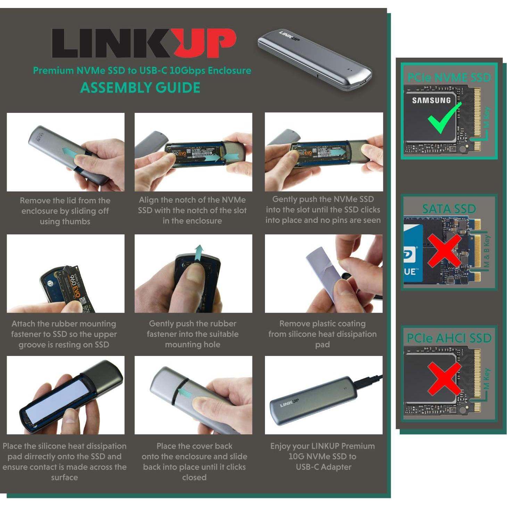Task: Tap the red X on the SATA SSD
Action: [x=444, y=250]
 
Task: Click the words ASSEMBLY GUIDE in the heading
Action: [x=140, y=88]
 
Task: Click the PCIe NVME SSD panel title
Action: [x=449, y=77]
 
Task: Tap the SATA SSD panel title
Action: [x=449, y=209]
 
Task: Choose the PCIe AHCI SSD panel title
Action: [x=449, y=338]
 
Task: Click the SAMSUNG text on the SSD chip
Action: [x=431, y=100]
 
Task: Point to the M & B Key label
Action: [x=487, y=251]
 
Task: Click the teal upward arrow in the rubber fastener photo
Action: [x=198, y=253]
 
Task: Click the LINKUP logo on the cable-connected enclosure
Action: [x=289, y=403]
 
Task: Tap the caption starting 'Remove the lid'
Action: [x=65, y=211]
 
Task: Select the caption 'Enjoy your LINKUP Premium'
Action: [x=323, y=456]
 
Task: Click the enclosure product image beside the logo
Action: [x=314, y=59]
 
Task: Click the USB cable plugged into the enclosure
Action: [x=368, y=380]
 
